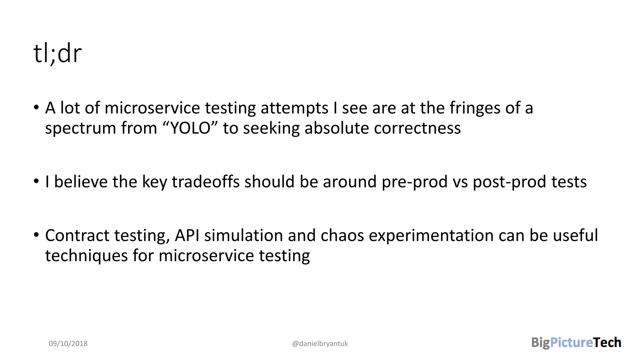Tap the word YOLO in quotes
click(190, 128)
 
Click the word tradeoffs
click(206, 182)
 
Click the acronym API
click(187, 236)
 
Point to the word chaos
click(342, 236)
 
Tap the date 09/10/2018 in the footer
click(68, 344)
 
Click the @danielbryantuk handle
click(320, 344)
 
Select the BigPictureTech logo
click(576, 343)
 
